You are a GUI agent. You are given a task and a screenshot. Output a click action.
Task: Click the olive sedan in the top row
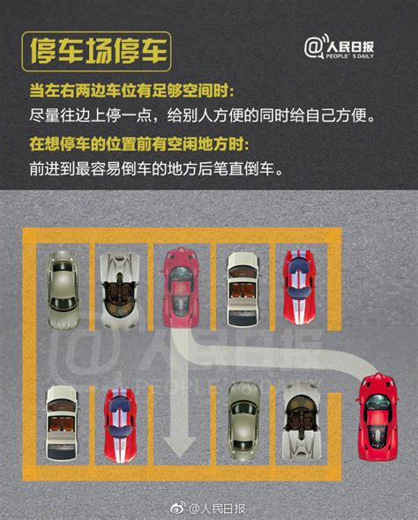pos(63,282)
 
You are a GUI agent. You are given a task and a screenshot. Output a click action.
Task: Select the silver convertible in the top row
pos(118,290)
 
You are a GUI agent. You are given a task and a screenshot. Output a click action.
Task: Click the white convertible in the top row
pos(242,286)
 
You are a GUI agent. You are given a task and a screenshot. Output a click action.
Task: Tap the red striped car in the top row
pos(297,284)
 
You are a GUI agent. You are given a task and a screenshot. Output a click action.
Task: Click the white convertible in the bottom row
pos(63,421)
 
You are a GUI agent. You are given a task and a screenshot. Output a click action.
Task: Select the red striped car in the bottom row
pos(121,423)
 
